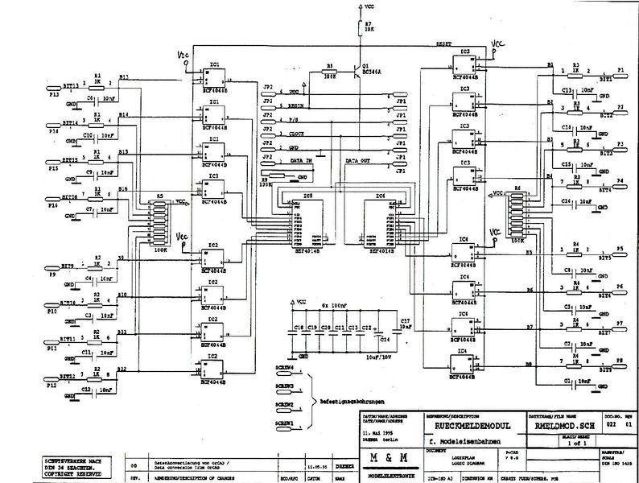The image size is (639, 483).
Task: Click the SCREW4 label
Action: [283, 367]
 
